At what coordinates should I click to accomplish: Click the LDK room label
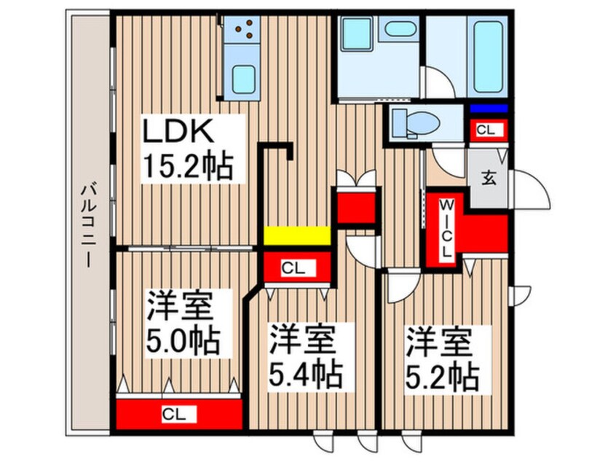[178, 130]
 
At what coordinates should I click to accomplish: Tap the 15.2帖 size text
[188, 166]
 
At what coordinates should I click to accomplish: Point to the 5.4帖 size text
[305, 375]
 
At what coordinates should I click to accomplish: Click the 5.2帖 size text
[442, 376]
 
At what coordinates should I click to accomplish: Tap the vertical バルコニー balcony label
[88, 225]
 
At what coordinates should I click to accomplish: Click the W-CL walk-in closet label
[446, 228]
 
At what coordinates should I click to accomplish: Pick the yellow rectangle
[296, 235]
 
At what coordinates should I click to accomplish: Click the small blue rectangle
[489, 109]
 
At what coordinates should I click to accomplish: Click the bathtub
[488, 57]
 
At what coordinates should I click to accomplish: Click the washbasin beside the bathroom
[400, 29]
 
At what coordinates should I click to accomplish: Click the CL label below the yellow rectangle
[293, 269]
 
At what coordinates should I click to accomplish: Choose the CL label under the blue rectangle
[486, 130]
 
